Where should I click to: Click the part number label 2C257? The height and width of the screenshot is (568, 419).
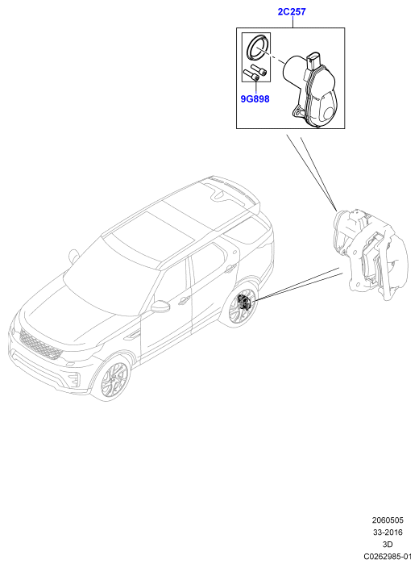tap(291, 11)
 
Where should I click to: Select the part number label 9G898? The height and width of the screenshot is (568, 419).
tap(255, 98)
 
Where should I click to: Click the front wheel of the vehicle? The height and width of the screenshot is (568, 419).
tap(113, 378)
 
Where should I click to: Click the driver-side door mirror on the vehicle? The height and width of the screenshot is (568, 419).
tap(160, 307)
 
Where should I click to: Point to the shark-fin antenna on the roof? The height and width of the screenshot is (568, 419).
tap(218, 195)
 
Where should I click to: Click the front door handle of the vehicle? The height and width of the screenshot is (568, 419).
tap(184, 300)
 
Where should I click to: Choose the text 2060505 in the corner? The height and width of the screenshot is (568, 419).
tap(388, 520)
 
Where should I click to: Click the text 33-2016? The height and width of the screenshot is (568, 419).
tap(388, 532)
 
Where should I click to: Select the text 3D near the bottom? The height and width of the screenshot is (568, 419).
tap(388, 544)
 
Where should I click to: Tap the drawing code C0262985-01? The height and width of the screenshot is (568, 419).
tap(388, 556)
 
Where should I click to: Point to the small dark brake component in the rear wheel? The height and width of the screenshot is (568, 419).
tap(244, 303)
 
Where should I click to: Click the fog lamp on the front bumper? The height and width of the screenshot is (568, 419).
tap(73, 381)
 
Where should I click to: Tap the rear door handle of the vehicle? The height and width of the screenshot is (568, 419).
tap(229, 269)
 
